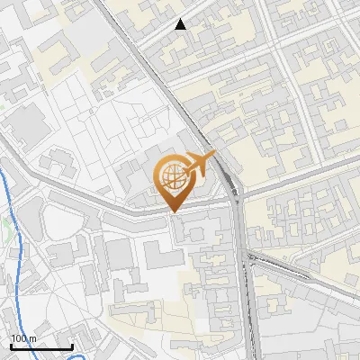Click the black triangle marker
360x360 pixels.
pyautogui.click(x=181, y=24)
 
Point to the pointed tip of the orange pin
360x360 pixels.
pyautogui.click(x=173, y=211)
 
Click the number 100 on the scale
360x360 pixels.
pyautogui.click(x=19, y=338)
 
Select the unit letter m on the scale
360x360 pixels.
pyautogui.click(x=33, y=338)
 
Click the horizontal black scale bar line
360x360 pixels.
pyautogui.click(x=41, y=346)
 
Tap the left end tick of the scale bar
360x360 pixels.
pyautogui.click(x=11, y=345)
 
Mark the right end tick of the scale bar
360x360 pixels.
pyautogui.click(x=72, y=345)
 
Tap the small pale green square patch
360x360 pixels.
pyautogui.click(x=4, y=106)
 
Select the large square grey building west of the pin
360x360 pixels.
pyautogui.click(x=27, y=122)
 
